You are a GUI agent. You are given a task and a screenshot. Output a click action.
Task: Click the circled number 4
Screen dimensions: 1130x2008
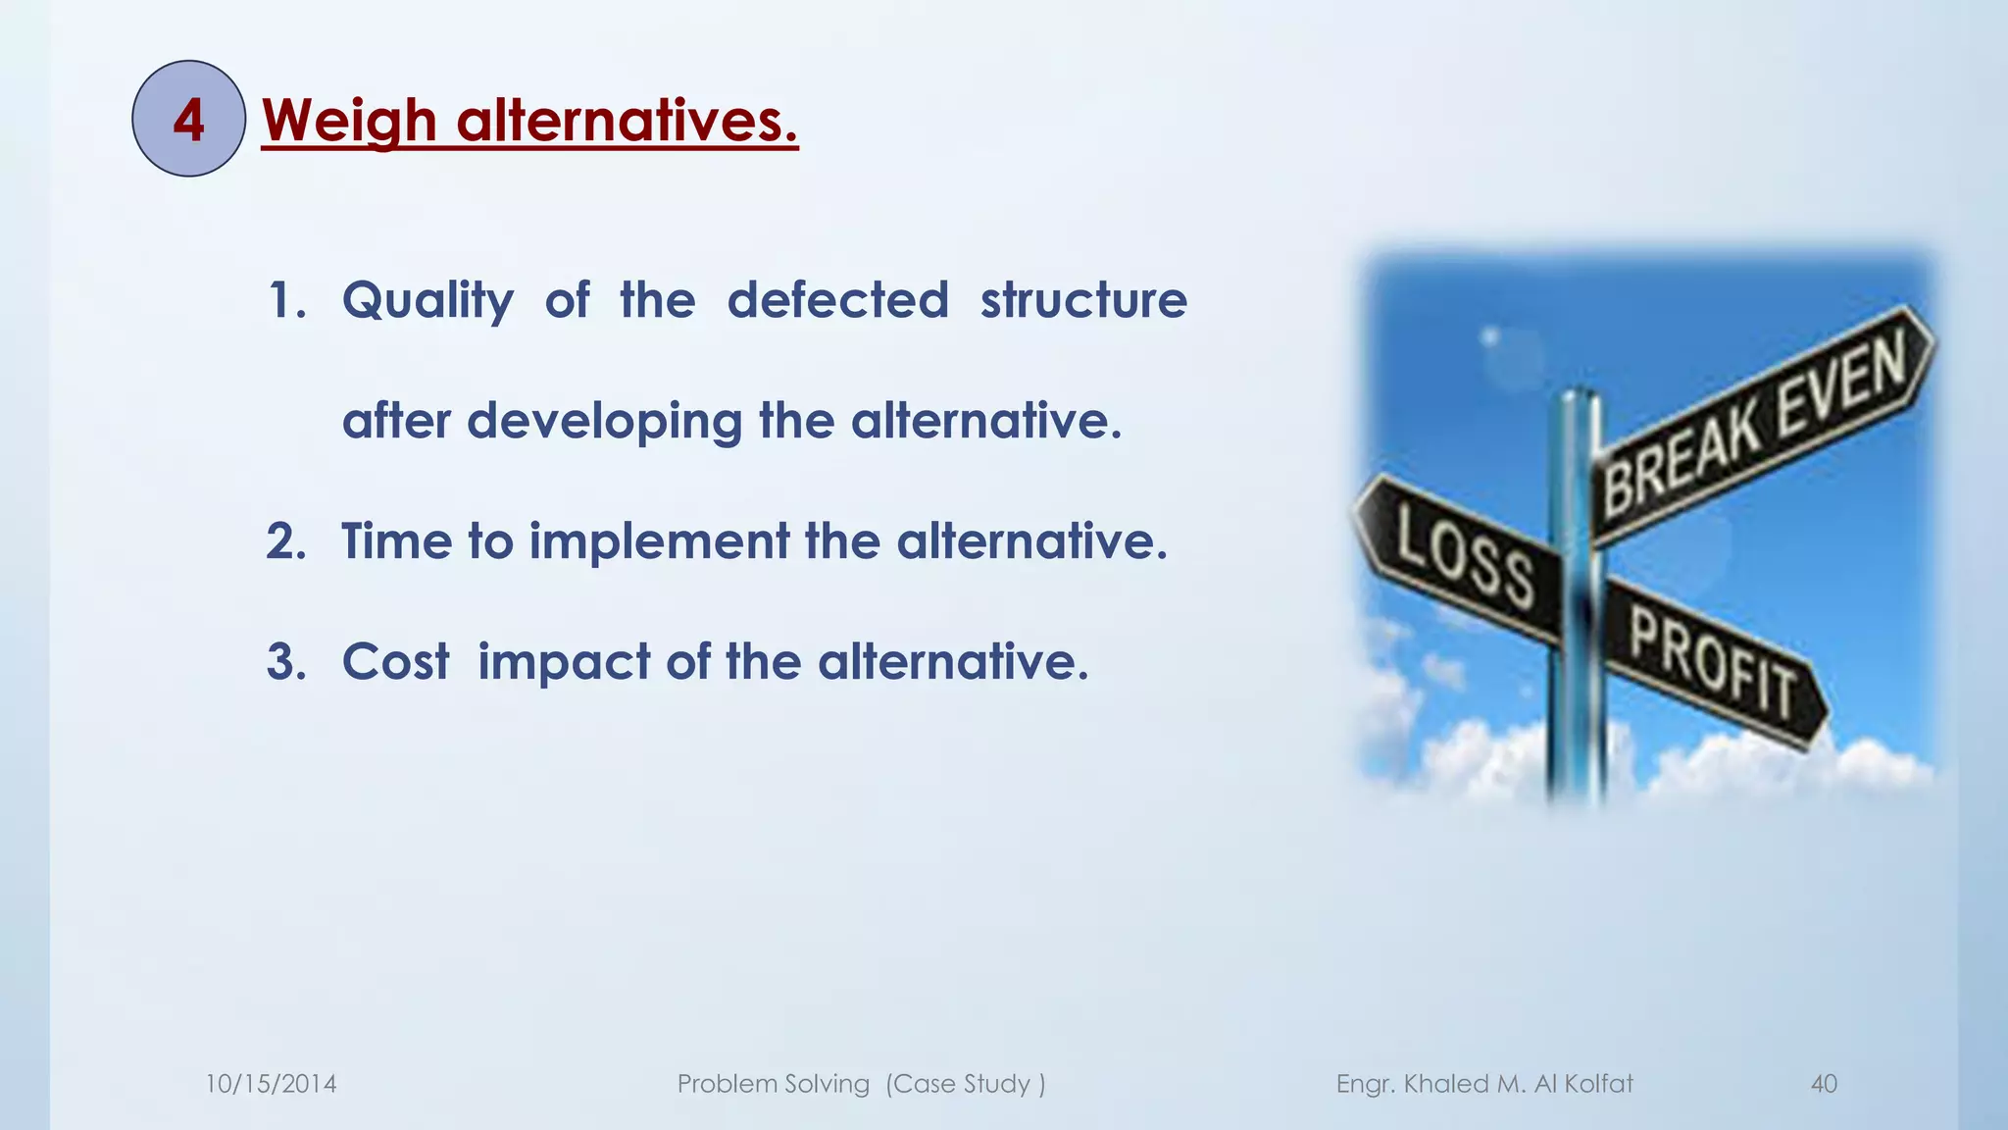[x=188, y=120]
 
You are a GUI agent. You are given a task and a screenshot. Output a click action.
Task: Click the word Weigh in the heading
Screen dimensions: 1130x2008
[x=349, y=121]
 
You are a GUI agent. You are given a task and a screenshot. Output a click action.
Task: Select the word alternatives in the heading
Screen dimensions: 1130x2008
[x=627, y=121]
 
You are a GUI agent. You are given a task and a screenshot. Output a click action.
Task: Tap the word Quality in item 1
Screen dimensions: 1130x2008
[x=427, y=300]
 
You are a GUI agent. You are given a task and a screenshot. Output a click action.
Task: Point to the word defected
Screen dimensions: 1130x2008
[x=837, y=300]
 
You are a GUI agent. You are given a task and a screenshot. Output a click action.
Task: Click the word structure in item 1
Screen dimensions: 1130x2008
[x=1083, y=300]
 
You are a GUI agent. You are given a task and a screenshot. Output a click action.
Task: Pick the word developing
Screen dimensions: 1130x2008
[x=604, y=422]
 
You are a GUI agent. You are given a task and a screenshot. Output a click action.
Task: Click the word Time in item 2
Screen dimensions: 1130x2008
[x=395, y=541]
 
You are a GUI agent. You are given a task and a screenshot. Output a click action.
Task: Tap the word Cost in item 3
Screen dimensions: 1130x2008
[x=395, y=662]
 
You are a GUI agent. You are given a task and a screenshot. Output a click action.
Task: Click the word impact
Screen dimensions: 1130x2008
[x=564, y=662]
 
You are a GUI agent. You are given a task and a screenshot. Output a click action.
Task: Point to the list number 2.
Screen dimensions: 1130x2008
[x=285, y=541]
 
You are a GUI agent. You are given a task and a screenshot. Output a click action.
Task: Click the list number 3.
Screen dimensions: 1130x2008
[x=285, y=662]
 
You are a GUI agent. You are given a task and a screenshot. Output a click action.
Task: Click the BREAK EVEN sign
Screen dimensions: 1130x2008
[x=1755, y=422]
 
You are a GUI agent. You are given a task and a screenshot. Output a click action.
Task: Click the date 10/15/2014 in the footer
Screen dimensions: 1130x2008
[x=271, y=1084]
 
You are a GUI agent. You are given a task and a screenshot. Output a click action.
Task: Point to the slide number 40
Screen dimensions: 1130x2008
[x=1824, y=1084]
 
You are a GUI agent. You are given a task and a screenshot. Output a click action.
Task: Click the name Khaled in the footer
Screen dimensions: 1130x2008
[x=1446, y=1084]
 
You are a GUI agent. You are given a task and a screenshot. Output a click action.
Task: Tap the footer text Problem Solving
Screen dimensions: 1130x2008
[x=773, y=1084]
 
